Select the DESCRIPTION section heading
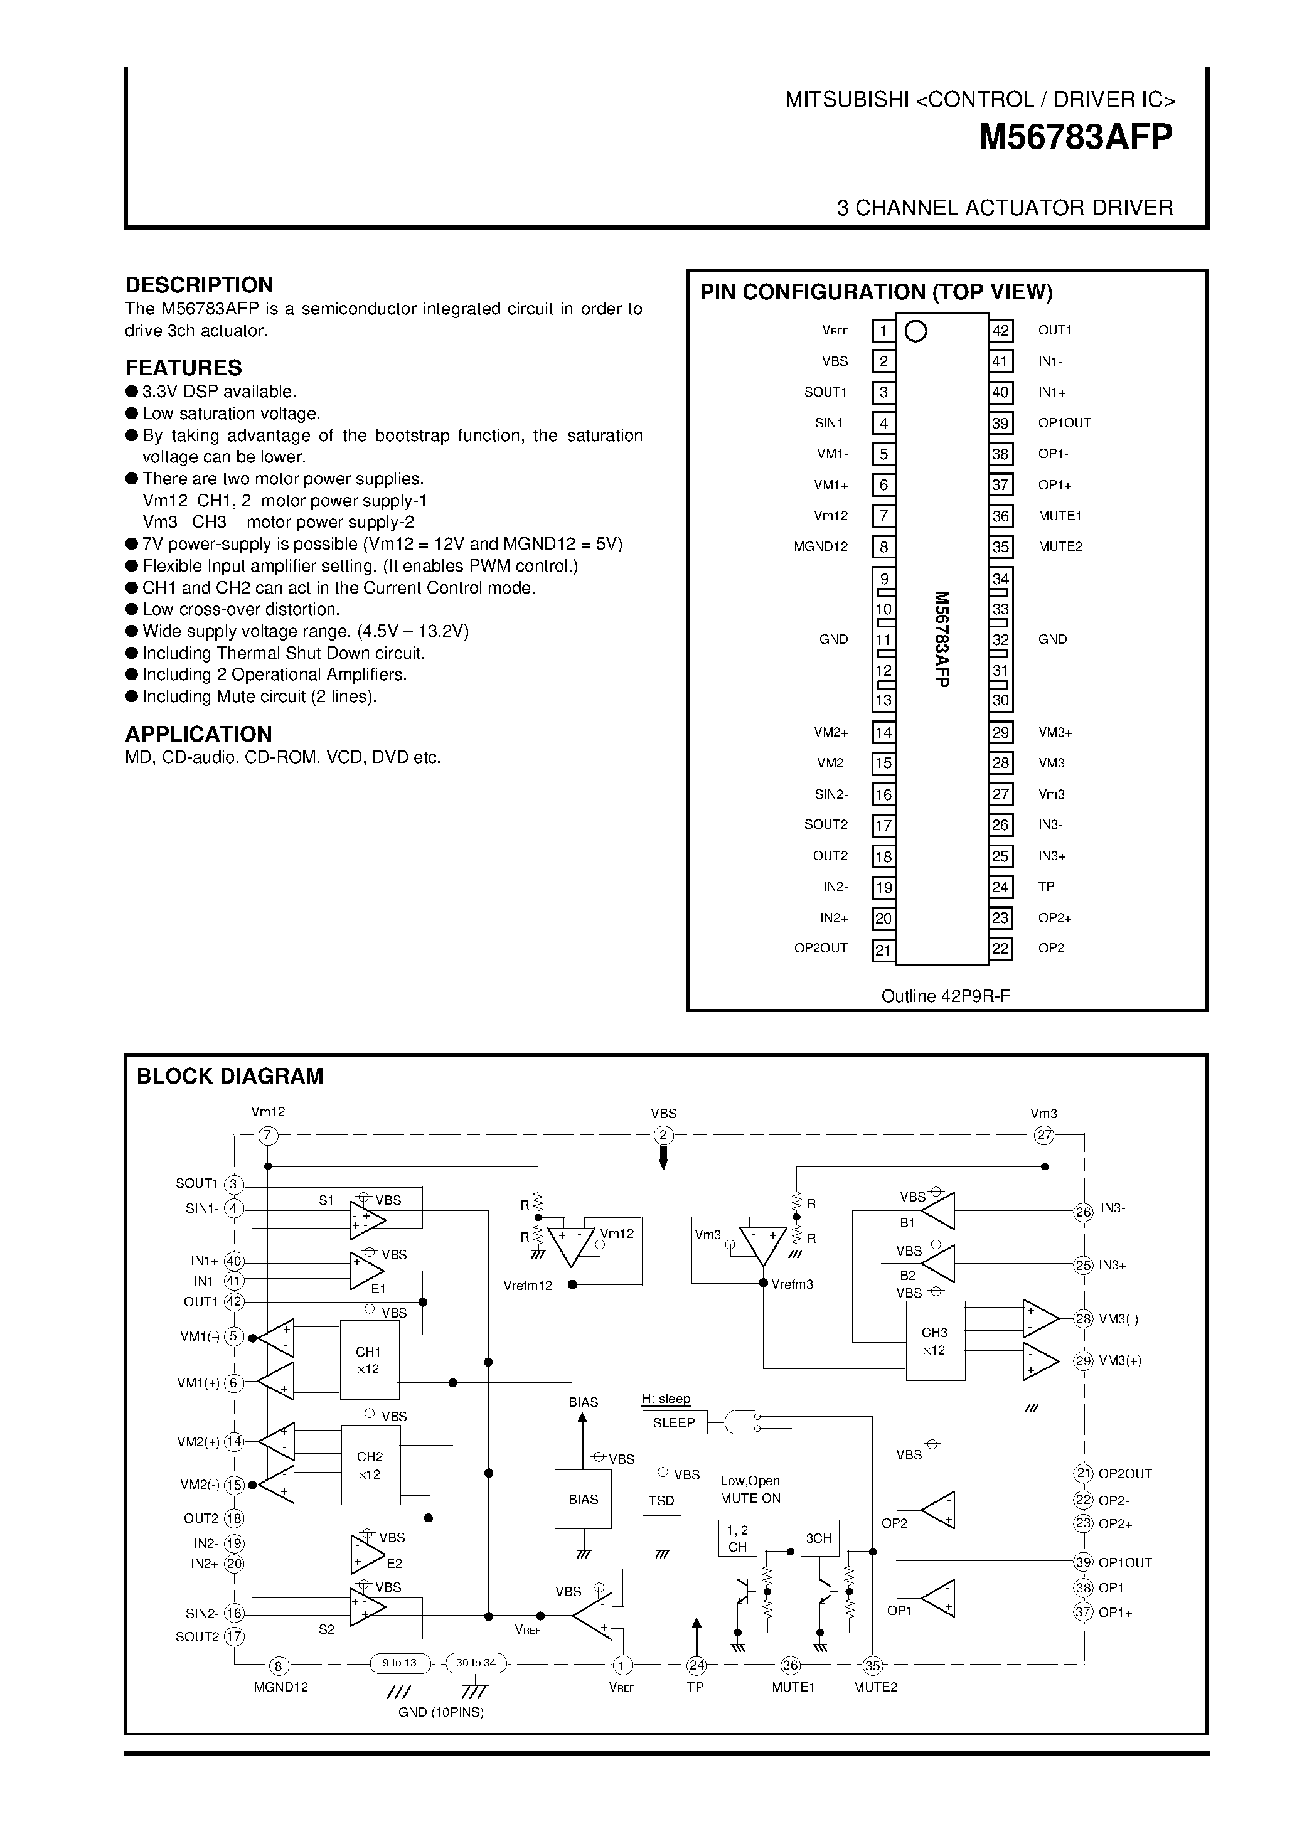click(199, 285)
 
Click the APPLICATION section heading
click(198, 734)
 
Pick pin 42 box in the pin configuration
click(1001, 331)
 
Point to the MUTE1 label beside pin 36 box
click(1060, 516)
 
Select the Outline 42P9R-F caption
click(946, 996)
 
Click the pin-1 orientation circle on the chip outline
click(916, 331)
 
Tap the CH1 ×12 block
click(369, 1360)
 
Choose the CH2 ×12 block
click(370, 1465)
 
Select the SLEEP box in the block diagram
click(674, 1422)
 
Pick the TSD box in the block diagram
click(661, 1500)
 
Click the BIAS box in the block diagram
click(583, 1500)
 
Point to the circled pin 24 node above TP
click(697, 1665)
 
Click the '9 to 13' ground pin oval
click(399, 1664)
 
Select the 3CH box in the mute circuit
click(819, 1538)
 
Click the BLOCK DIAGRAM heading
click(230, 1077)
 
